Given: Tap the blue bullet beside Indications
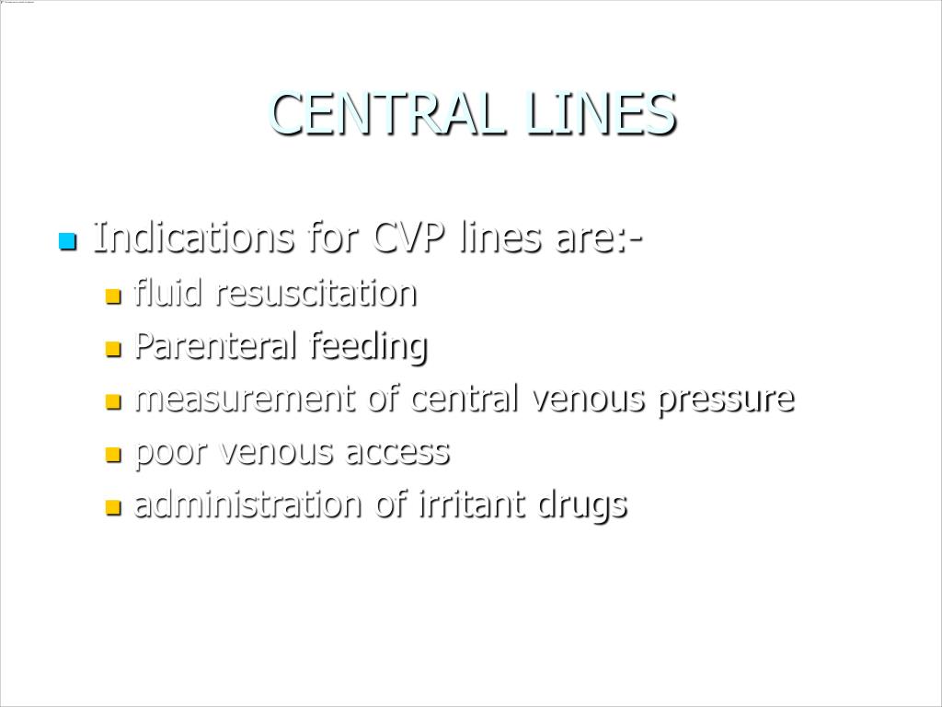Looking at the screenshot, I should click(x=66, y=242).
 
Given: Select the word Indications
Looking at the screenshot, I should click(x=194, y=238).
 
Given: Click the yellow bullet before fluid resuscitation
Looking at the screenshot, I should click(x=113, y=296).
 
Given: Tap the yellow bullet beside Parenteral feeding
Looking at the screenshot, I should click(x=113, y=349).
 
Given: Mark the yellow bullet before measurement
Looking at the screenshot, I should click(x=113, y=401).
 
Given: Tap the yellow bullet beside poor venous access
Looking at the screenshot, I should click(x=113, y=454).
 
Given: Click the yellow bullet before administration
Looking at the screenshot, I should click(x=113, y=506).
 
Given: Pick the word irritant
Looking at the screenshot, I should click(x=473, y=504).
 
